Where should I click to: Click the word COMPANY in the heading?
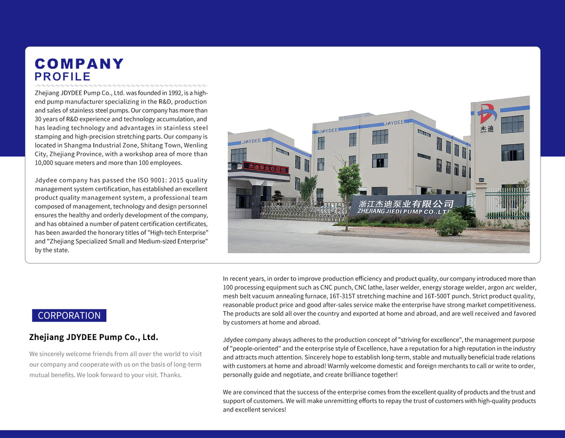point(79,64)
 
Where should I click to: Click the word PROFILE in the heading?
point(63,77)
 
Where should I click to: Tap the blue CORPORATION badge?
point(69,315)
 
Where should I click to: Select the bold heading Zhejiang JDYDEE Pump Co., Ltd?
point(94,337)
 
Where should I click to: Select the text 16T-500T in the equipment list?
point(438,296)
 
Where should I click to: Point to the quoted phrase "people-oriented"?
point(252,348)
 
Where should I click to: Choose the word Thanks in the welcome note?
point(171,375)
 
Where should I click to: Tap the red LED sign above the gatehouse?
point(266,166)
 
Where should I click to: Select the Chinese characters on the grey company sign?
point(406,204)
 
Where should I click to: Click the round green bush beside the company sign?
point(451,225)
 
